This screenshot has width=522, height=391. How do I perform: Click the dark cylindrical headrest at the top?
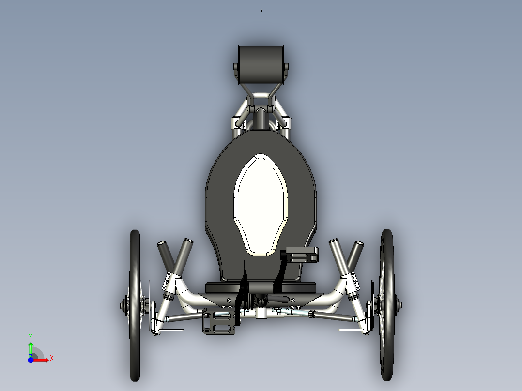pos(261,65)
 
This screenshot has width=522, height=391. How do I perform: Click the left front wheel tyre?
pos(135,305)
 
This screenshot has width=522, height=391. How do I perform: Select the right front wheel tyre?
pos(387,305)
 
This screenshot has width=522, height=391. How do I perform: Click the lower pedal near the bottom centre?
pos(219,321)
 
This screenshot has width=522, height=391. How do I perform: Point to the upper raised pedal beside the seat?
pos(302,255)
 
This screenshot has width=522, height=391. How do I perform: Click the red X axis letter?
pos(52,358)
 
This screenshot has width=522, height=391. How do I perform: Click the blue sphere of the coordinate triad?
pos(31,360)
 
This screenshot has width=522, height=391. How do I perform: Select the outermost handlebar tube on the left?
pos(166,256)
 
